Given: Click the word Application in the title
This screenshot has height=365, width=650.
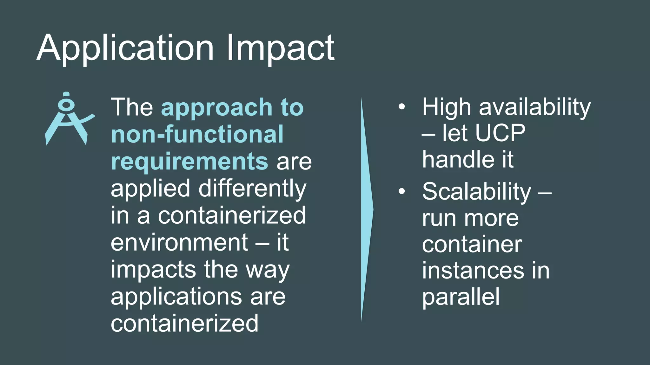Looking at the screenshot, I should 125,48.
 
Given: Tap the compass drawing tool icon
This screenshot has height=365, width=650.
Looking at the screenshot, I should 68,119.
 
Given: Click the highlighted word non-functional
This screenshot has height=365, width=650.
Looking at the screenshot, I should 197,134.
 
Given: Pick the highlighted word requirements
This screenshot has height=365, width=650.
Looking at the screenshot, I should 189,161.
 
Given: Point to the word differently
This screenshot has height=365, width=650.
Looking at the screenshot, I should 252,189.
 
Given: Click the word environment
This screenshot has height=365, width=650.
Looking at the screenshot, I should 179,242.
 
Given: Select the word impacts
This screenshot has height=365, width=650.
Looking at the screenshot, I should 153,270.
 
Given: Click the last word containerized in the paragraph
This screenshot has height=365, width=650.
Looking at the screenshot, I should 184,323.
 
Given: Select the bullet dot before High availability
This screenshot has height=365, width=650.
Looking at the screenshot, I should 402,107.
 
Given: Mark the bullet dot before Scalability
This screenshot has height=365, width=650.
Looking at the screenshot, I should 402,191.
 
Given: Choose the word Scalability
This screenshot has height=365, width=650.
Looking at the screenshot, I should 476,191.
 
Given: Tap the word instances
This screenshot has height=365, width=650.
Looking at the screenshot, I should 473,271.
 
